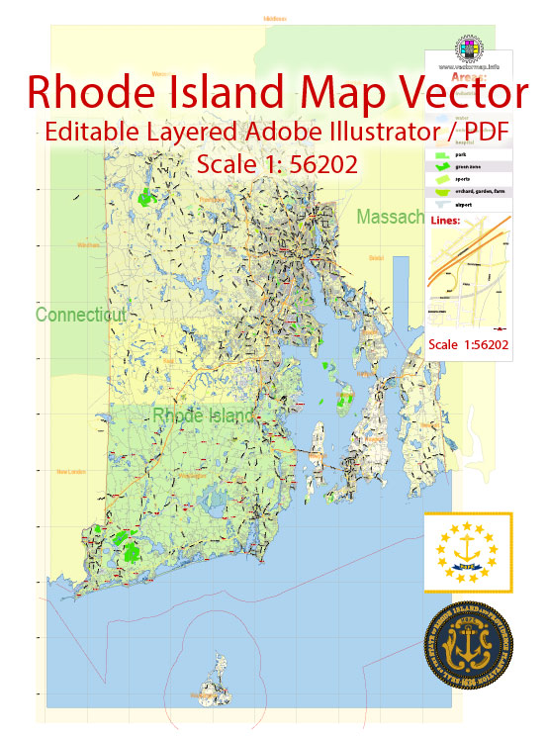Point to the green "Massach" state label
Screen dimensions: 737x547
click(391, 216)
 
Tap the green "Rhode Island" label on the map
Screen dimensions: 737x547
click(204, 416)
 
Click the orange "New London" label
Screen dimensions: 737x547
click(71, 472)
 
